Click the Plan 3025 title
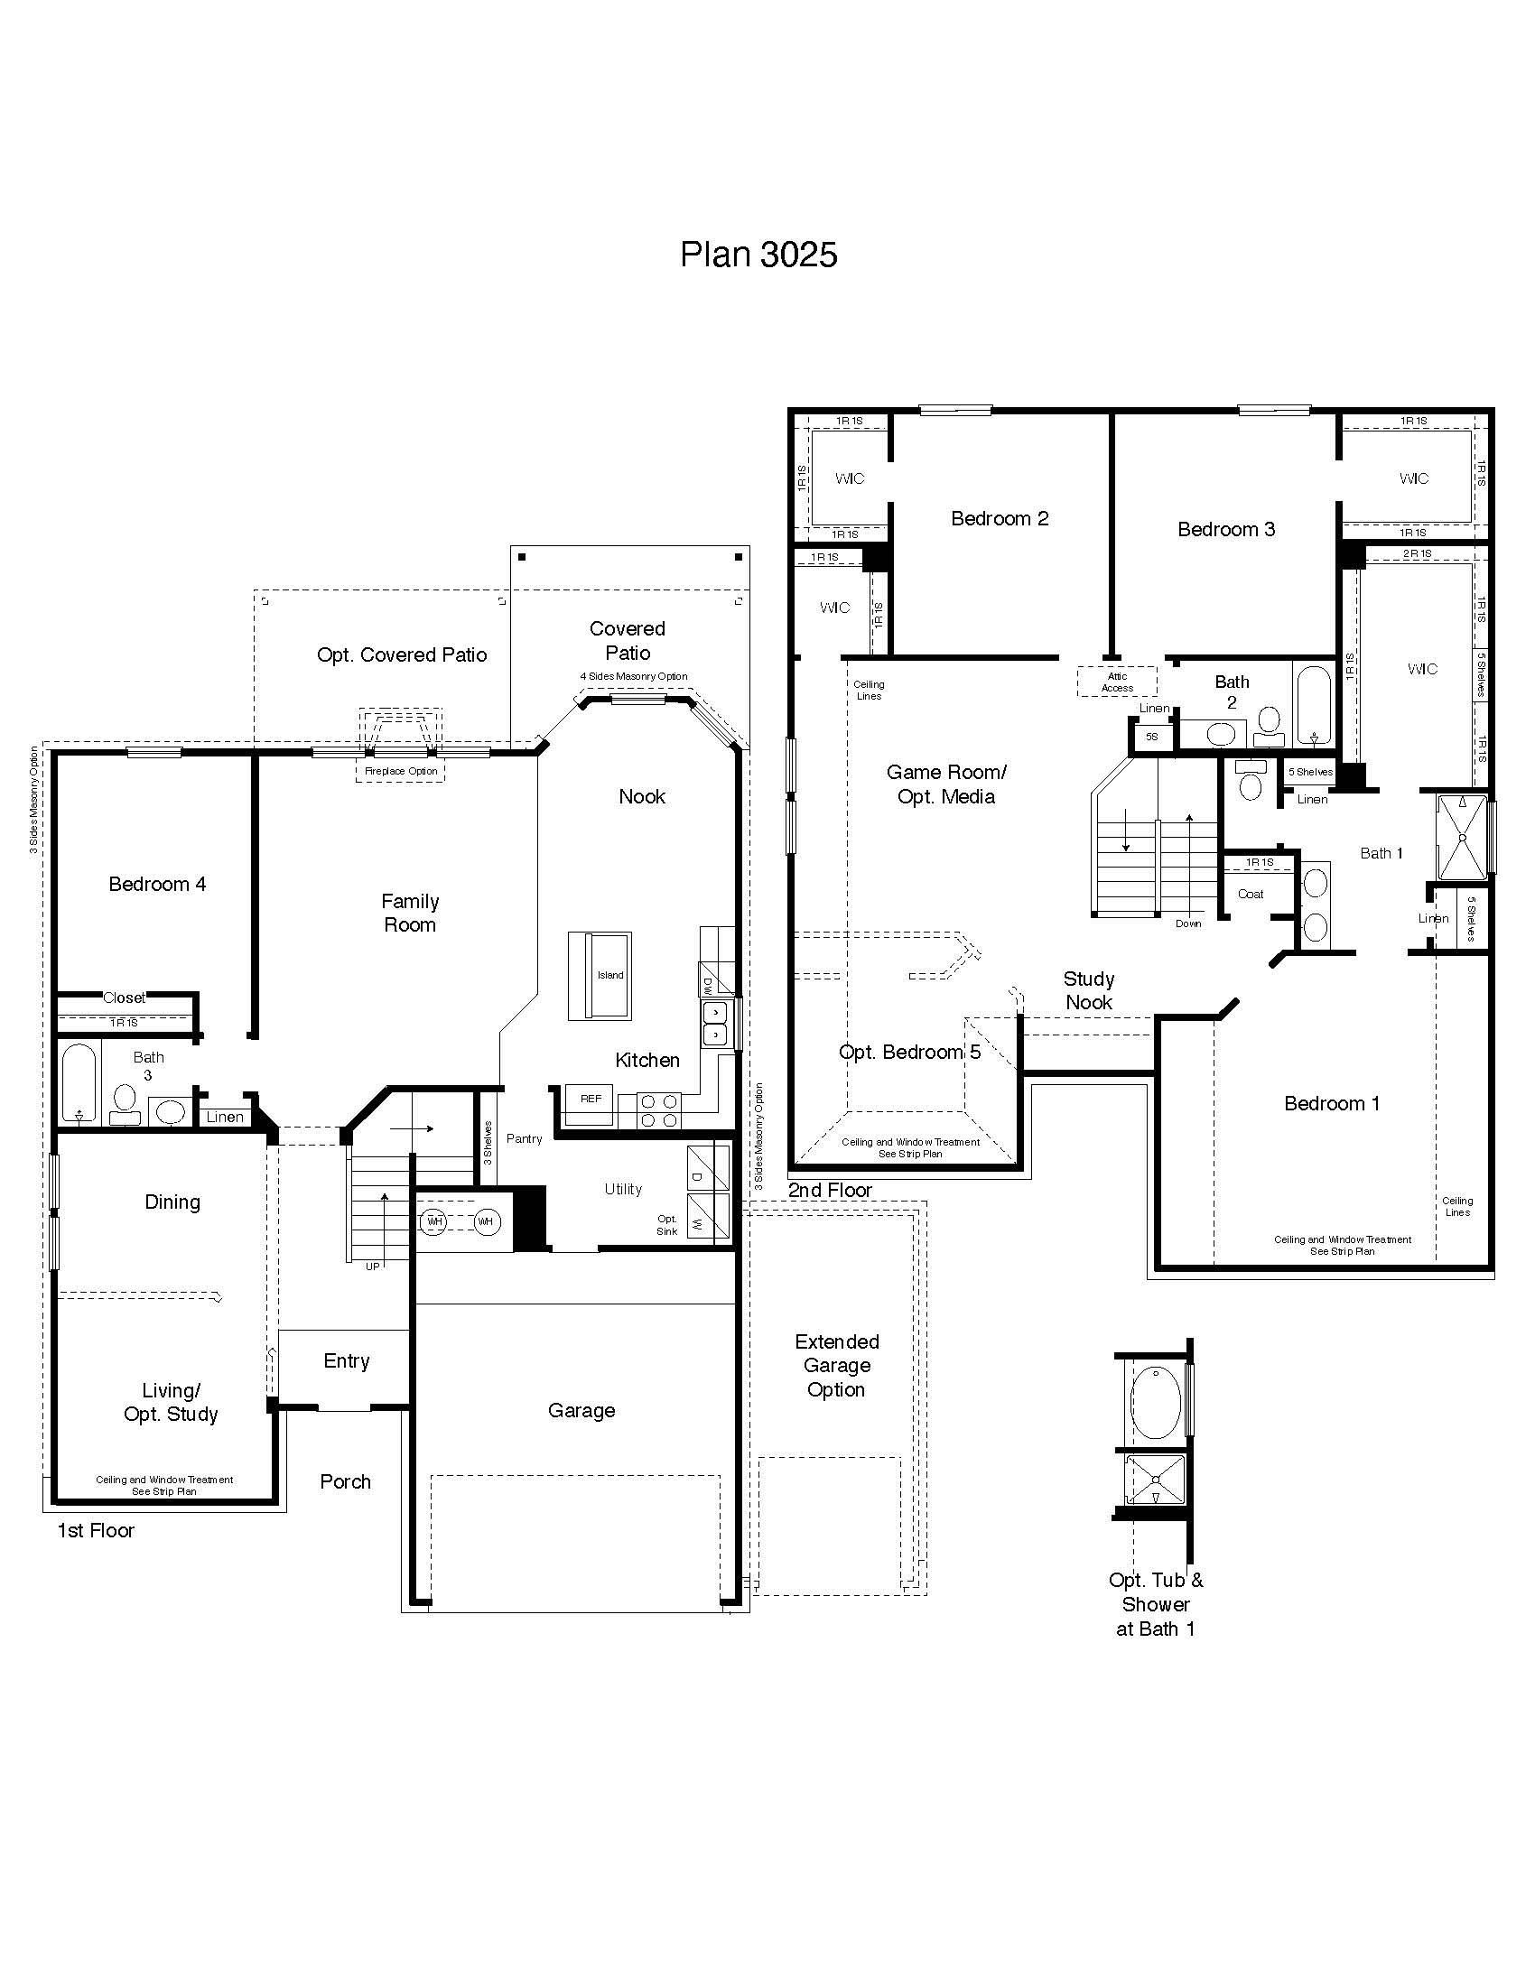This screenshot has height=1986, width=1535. (x=758, y=255)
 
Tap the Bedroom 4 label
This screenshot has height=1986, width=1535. (x=157, y=884)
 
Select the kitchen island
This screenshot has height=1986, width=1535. (x=600, y=976)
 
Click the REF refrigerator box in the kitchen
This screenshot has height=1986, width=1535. (x=591, y=1100)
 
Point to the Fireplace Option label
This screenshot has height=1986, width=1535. (x=401, y=771)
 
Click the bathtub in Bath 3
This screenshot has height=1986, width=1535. (x=79, y=1083)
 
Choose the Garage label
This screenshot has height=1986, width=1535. (x=581, y=1410)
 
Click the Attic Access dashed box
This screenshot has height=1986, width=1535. (x=1117, y=682)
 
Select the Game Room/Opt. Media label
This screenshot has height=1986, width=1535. (x=945, y=784)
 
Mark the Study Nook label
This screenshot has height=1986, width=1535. (x=1089, y=990)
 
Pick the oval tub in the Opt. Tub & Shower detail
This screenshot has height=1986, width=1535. (x=1155, y=1401)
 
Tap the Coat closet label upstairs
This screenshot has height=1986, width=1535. (x=1251, y=894)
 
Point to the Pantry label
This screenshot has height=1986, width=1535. (x=524, y=1138)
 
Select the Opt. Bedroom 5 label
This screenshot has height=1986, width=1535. (x=909, y=1052)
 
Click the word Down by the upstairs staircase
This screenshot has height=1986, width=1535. (x=1187, y=923)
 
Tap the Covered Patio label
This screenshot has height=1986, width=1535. (x=627, y=640)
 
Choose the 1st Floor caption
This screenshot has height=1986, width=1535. (x=96, y=1530)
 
